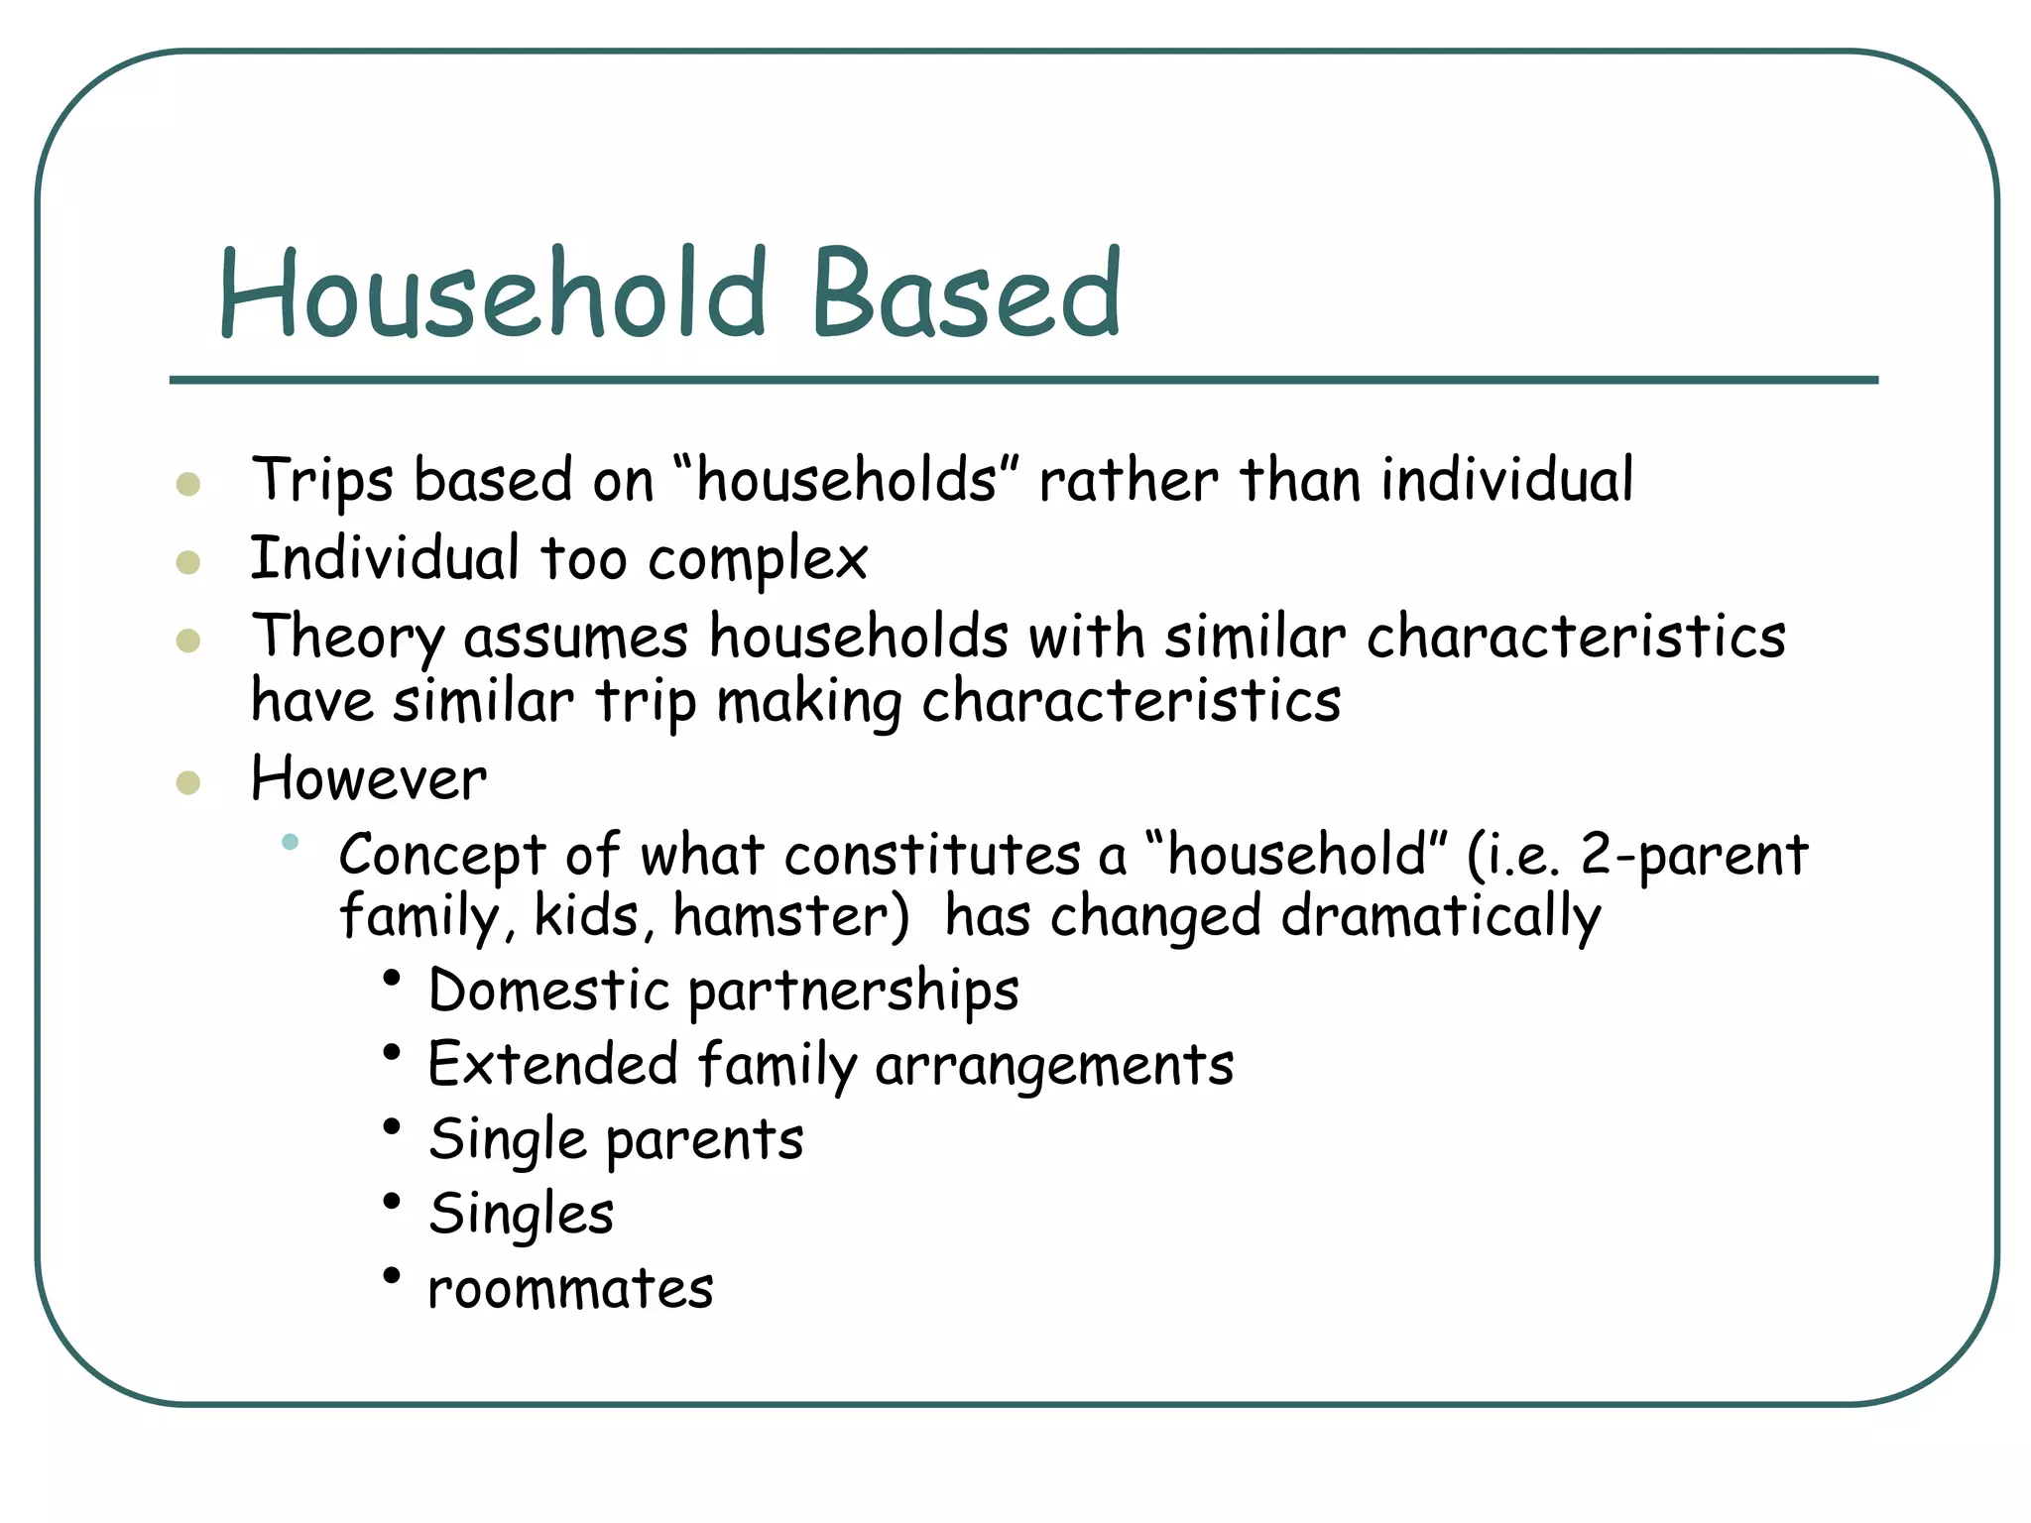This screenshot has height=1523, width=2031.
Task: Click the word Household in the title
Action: [493, 293]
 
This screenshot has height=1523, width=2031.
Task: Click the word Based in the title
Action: [966, 293]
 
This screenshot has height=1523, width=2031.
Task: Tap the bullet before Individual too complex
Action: [188, 563]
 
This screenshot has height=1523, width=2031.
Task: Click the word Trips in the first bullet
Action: [322, 481]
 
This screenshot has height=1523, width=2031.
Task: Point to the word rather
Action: [1129, 481]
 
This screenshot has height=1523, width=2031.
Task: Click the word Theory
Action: [347, 638]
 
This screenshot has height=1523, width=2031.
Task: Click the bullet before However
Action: [188, 783]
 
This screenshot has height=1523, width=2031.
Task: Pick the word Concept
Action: [442, 856]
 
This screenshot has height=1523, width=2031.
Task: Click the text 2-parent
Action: [1694, 856]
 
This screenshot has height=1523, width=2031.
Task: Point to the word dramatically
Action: [1440, 918]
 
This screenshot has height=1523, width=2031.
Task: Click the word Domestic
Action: [549, 991]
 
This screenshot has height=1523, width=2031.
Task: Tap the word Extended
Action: [553, 1065]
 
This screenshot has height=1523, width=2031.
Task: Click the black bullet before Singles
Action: [392, 1202]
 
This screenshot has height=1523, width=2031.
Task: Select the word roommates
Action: [570, 1289]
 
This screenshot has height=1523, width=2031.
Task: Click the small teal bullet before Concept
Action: [290, 842]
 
